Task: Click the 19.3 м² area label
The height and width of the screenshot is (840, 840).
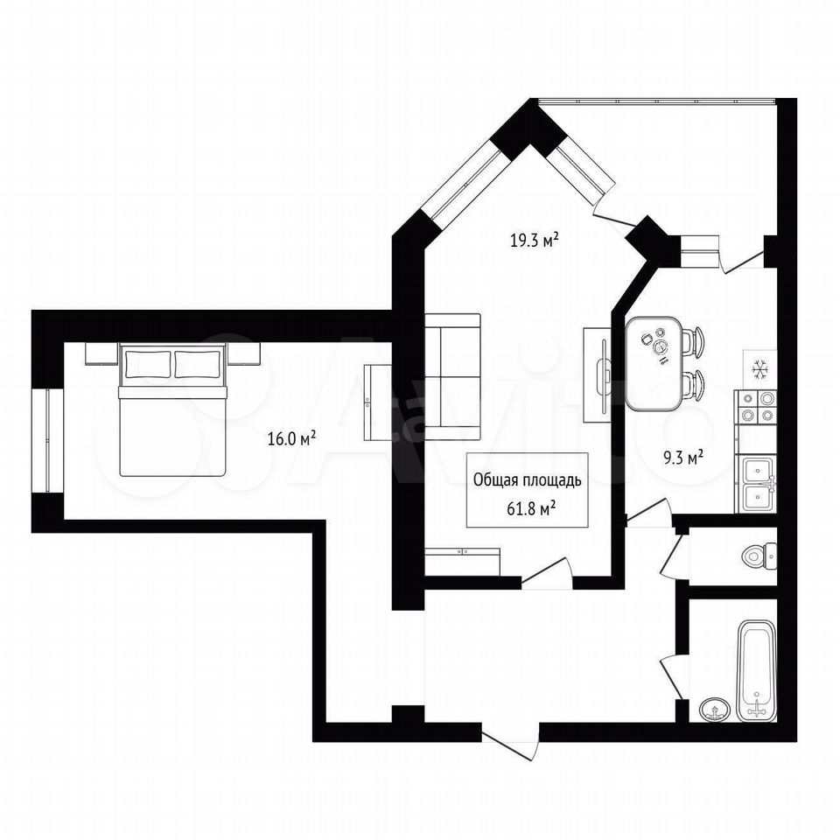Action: [535, 240]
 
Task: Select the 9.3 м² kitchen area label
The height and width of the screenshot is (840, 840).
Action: [682, 458]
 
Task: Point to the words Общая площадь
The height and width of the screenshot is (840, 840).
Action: [527, 481]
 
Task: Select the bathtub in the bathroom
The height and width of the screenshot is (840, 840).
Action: [756, 670]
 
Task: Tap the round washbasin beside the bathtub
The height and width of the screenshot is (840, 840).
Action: [714, 710]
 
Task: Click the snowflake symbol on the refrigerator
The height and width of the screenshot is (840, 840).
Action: [759, 368]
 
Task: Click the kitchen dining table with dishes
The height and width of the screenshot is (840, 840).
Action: [654, 364]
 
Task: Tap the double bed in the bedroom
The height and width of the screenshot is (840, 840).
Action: [173, 409]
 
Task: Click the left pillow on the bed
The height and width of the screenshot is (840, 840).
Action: [148, 364]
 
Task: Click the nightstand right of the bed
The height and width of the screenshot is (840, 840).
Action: [244, 353]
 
